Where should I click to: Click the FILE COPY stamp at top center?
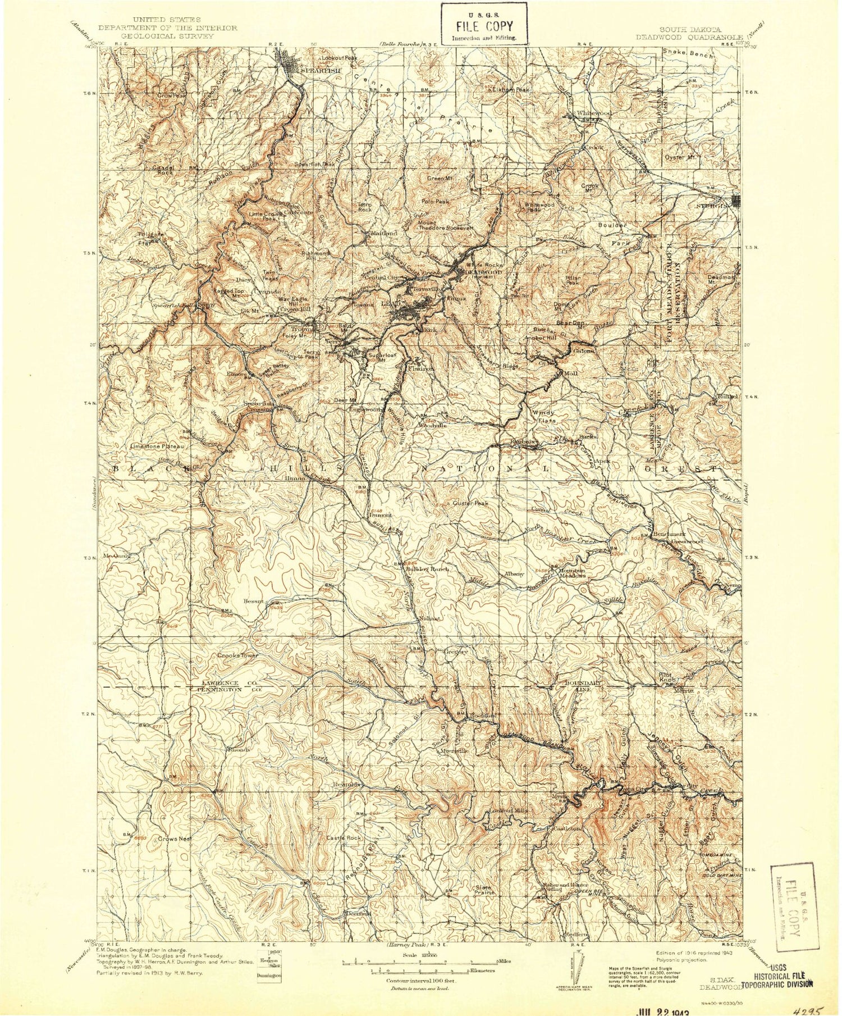click(483, 23)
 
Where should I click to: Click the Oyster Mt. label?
click(680, 157)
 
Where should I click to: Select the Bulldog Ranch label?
click(427, 569)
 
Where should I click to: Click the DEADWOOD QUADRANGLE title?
click(689, 38)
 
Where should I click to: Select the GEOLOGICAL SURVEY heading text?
click(160, 35)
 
